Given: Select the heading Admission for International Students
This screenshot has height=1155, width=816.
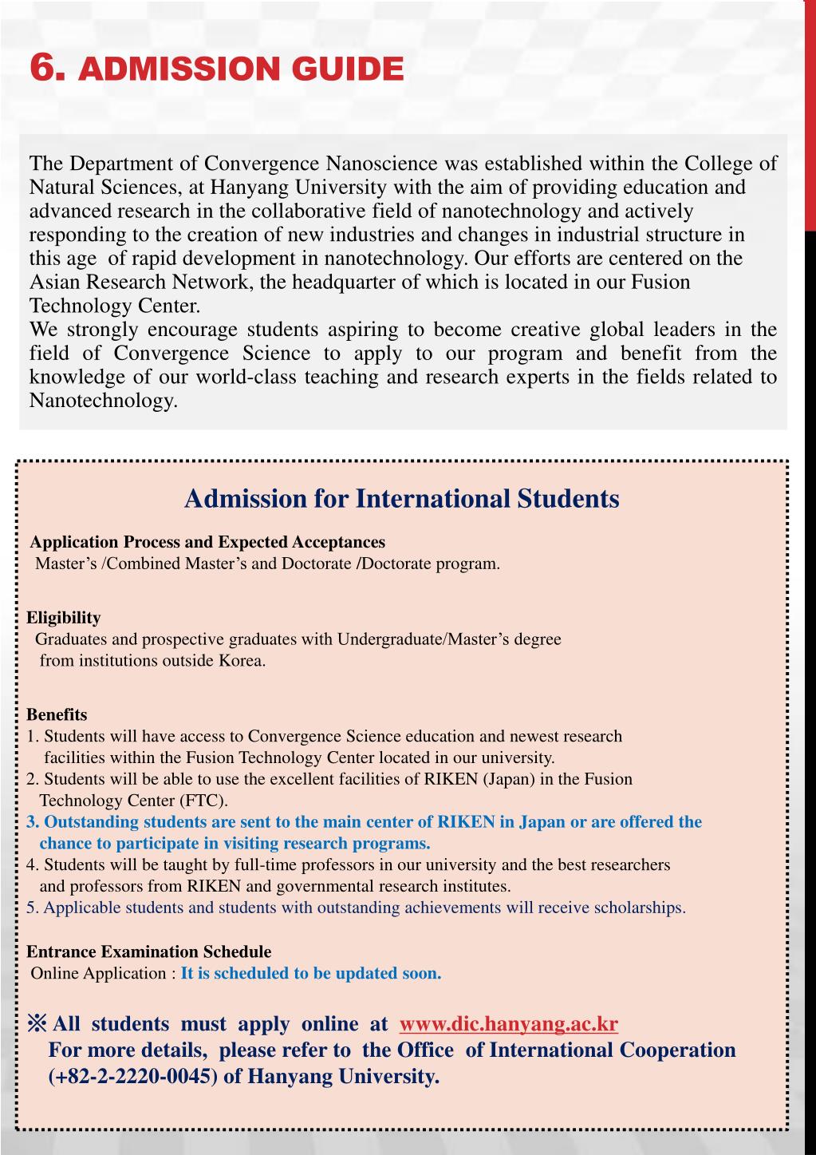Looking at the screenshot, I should click(401, 499).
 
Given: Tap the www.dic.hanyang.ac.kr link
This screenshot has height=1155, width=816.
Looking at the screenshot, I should click(508, 1024).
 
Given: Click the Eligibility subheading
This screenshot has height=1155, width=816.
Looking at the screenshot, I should click(64, 618).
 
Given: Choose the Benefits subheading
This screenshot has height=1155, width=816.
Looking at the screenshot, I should click(57, 714).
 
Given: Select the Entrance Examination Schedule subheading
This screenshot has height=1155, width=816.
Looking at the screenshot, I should click(149, 951).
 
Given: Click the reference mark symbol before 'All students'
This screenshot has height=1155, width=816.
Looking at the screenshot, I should click(37, 1024).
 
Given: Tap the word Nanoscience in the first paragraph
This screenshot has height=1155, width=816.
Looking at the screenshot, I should click(383, 164).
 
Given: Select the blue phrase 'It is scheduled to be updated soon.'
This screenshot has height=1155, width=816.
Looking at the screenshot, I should click(311, 973).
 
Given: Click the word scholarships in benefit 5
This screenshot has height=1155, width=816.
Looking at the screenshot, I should click(638, 908).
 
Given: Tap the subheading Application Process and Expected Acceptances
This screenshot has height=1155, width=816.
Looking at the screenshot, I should click(207, 542).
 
